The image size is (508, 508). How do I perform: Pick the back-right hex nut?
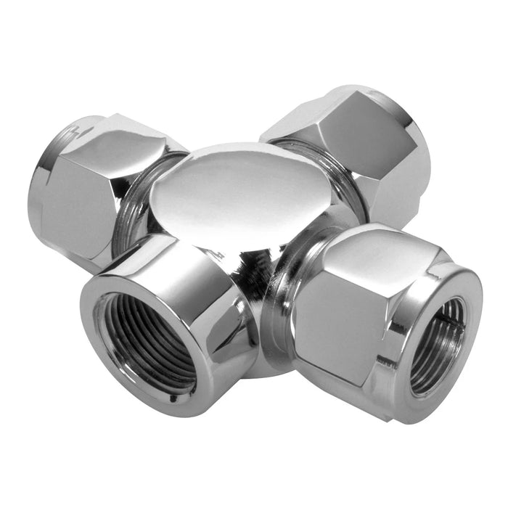(356, 145)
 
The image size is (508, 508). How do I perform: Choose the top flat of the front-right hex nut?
(370, 250)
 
